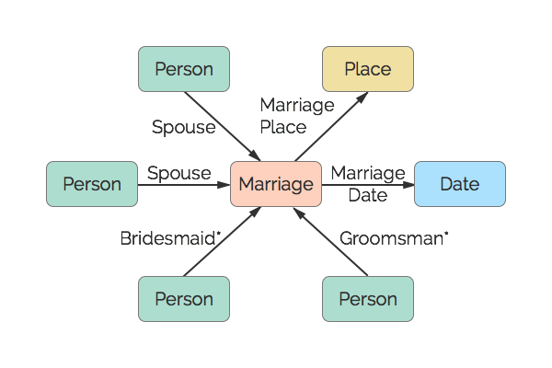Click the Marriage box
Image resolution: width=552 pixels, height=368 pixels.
point(276,184)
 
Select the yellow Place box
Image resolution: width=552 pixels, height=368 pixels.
point(368,69)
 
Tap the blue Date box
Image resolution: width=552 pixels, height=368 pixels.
point(460,184)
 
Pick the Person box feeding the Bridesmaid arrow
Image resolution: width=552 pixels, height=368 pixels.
point(184,299)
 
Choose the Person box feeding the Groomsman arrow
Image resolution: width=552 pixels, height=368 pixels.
point(368,299)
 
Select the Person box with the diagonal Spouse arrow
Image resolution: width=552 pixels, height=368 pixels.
point(184,69)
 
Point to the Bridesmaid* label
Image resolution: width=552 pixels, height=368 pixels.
point(171,238)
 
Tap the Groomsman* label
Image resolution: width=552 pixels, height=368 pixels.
point(394,238)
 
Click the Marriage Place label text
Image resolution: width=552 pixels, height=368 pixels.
point(296,116)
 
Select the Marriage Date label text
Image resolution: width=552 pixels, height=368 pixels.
point(368,184)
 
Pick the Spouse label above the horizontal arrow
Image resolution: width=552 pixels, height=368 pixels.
point(179,173)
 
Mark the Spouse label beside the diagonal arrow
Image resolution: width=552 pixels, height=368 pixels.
point(184,127)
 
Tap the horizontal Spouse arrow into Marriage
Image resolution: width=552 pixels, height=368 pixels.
point(184,184)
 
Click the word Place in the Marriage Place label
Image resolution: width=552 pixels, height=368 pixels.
point(282,127)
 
